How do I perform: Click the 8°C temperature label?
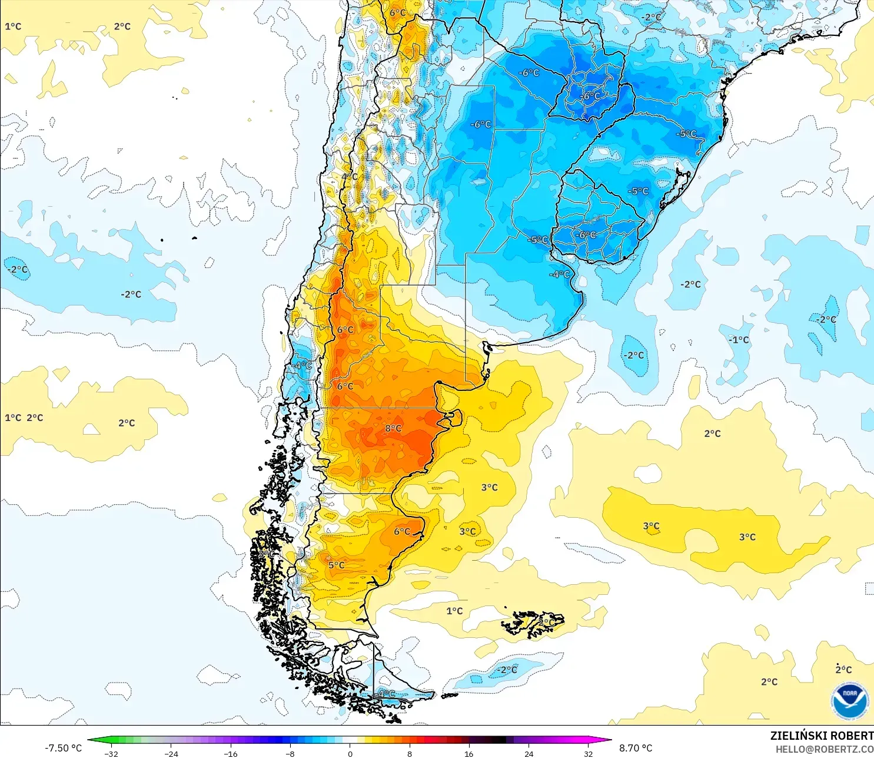point(393,428)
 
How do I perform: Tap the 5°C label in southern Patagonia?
point(336,565)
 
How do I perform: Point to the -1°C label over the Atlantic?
point(739,340)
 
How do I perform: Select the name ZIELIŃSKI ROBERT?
point(822,736)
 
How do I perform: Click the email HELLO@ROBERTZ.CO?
point(824,749)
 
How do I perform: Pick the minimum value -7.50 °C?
point(63,748)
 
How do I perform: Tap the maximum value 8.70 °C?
point(636,748)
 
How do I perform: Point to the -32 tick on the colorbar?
point(111,753)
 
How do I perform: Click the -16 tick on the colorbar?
point(231,753)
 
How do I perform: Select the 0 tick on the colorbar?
point(350,753)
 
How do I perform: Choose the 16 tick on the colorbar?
point(469,753)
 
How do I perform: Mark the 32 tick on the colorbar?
point(588,753)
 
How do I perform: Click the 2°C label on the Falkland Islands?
point(546,622)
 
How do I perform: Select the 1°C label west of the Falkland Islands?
point(454,611)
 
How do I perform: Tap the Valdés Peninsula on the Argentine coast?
point(453,418)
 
